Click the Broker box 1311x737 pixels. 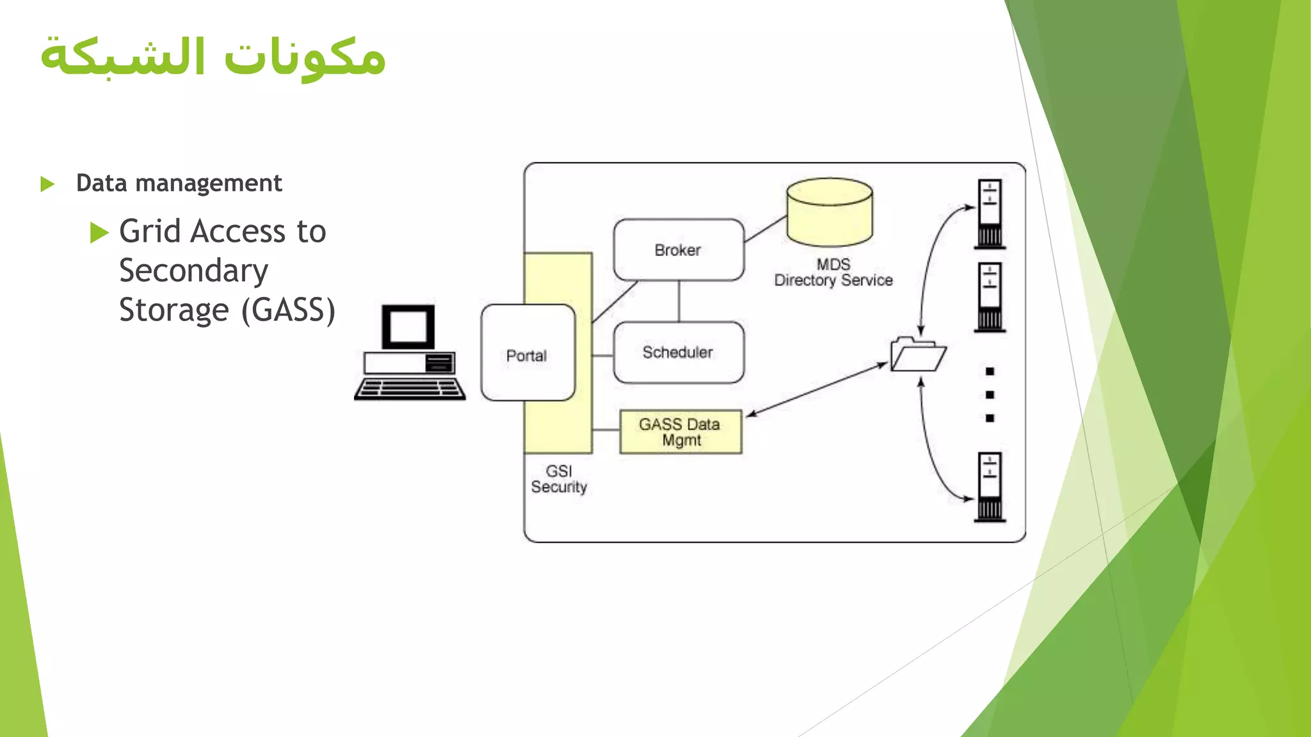coord(679,250)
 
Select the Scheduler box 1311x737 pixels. coord(679,353)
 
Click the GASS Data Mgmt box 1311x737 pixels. coord(680,432)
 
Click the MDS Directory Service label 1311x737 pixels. coord(833,273)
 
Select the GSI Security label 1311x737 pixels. coord(559,479)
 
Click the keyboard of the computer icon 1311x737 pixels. coord(410,389)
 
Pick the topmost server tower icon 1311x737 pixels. coord(990,214)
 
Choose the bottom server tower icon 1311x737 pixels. coord(990,487)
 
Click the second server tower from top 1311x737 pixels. coord(990,297)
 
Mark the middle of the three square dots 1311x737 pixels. coord(990,395)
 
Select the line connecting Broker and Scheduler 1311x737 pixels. coord(679,301)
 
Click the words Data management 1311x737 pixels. coord(179,184)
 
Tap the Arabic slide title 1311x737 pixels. coord(213,56)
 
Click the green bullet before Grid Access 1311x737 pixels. coord(99,232)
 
